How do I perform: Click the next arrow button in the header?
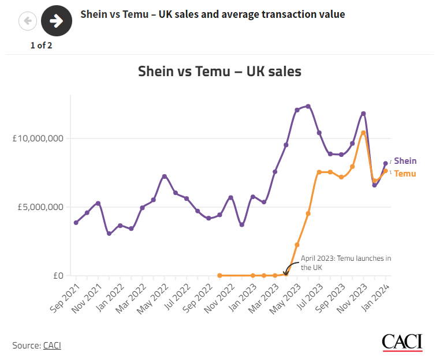coord(57,21)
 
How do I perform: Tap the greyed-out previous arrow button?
coord(28,21)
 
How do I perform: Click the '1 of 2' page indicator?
coord(42,46)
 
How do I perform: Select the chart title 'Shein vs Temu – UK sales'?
coord(219,72)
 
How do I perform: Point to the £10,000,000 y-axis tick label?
coord(38,138)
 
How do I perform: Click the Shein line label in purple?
coord(405,161)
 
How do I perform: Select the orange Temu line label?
coord(405,173)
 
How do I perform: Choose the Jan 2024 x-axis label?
coord(378,298)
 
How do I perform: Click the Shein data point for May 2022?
coord(165,176)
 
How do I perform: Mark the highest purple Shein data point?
coord(308,106)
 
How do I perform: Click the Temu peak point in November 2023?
coord(363,133)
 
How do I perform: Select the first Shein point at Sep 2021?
coord(76,223)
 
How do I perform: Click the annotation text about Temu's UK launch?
coord(346,262)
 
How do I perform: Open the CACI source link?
coord(52,346)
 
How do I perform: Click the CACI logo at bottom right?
coord(402,342)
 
